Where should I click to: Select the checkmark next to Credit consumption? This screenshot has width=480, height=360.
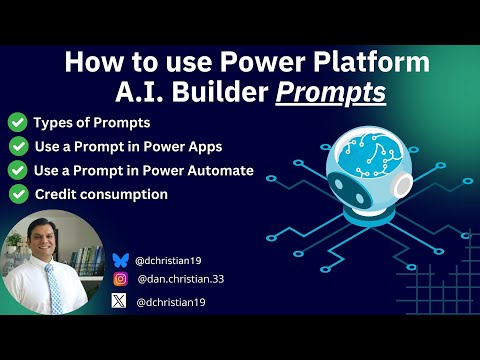(x=17, y=194)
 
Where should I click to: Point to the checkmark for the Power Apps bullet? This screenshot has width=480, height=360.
(x=17, y=147)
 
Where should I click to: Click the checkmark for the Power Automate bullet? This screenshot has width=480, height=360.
(x=17, y=171)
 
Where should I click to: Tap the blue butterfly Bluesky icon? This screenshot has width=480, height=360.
(x=120, y=260)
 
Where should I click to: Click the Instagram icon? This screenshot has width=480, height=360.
(x=120, y=280)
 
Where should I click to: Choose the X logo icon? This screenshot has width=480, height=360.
(x=120, y=301)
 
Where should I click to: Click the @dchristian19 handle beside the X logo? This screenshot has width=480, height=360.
(x=173, y=301)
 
